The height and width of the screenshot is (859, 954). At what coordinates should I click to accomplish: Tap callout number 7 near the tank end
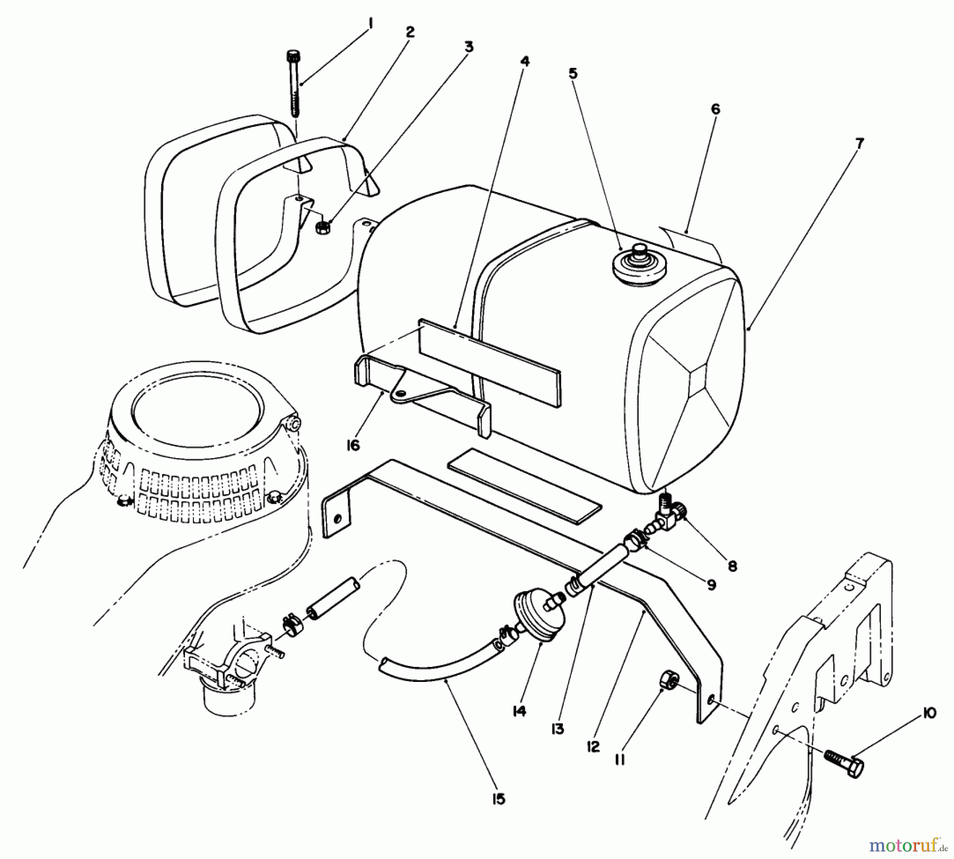859,143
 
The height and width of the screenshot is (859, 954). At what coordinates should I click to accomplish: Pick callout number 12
593,747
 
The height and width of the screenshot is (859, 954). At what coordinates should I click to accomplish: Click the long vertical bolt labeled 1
294,85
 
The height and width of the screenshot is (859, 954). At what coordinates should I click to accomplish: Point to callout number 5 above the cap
572,74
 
